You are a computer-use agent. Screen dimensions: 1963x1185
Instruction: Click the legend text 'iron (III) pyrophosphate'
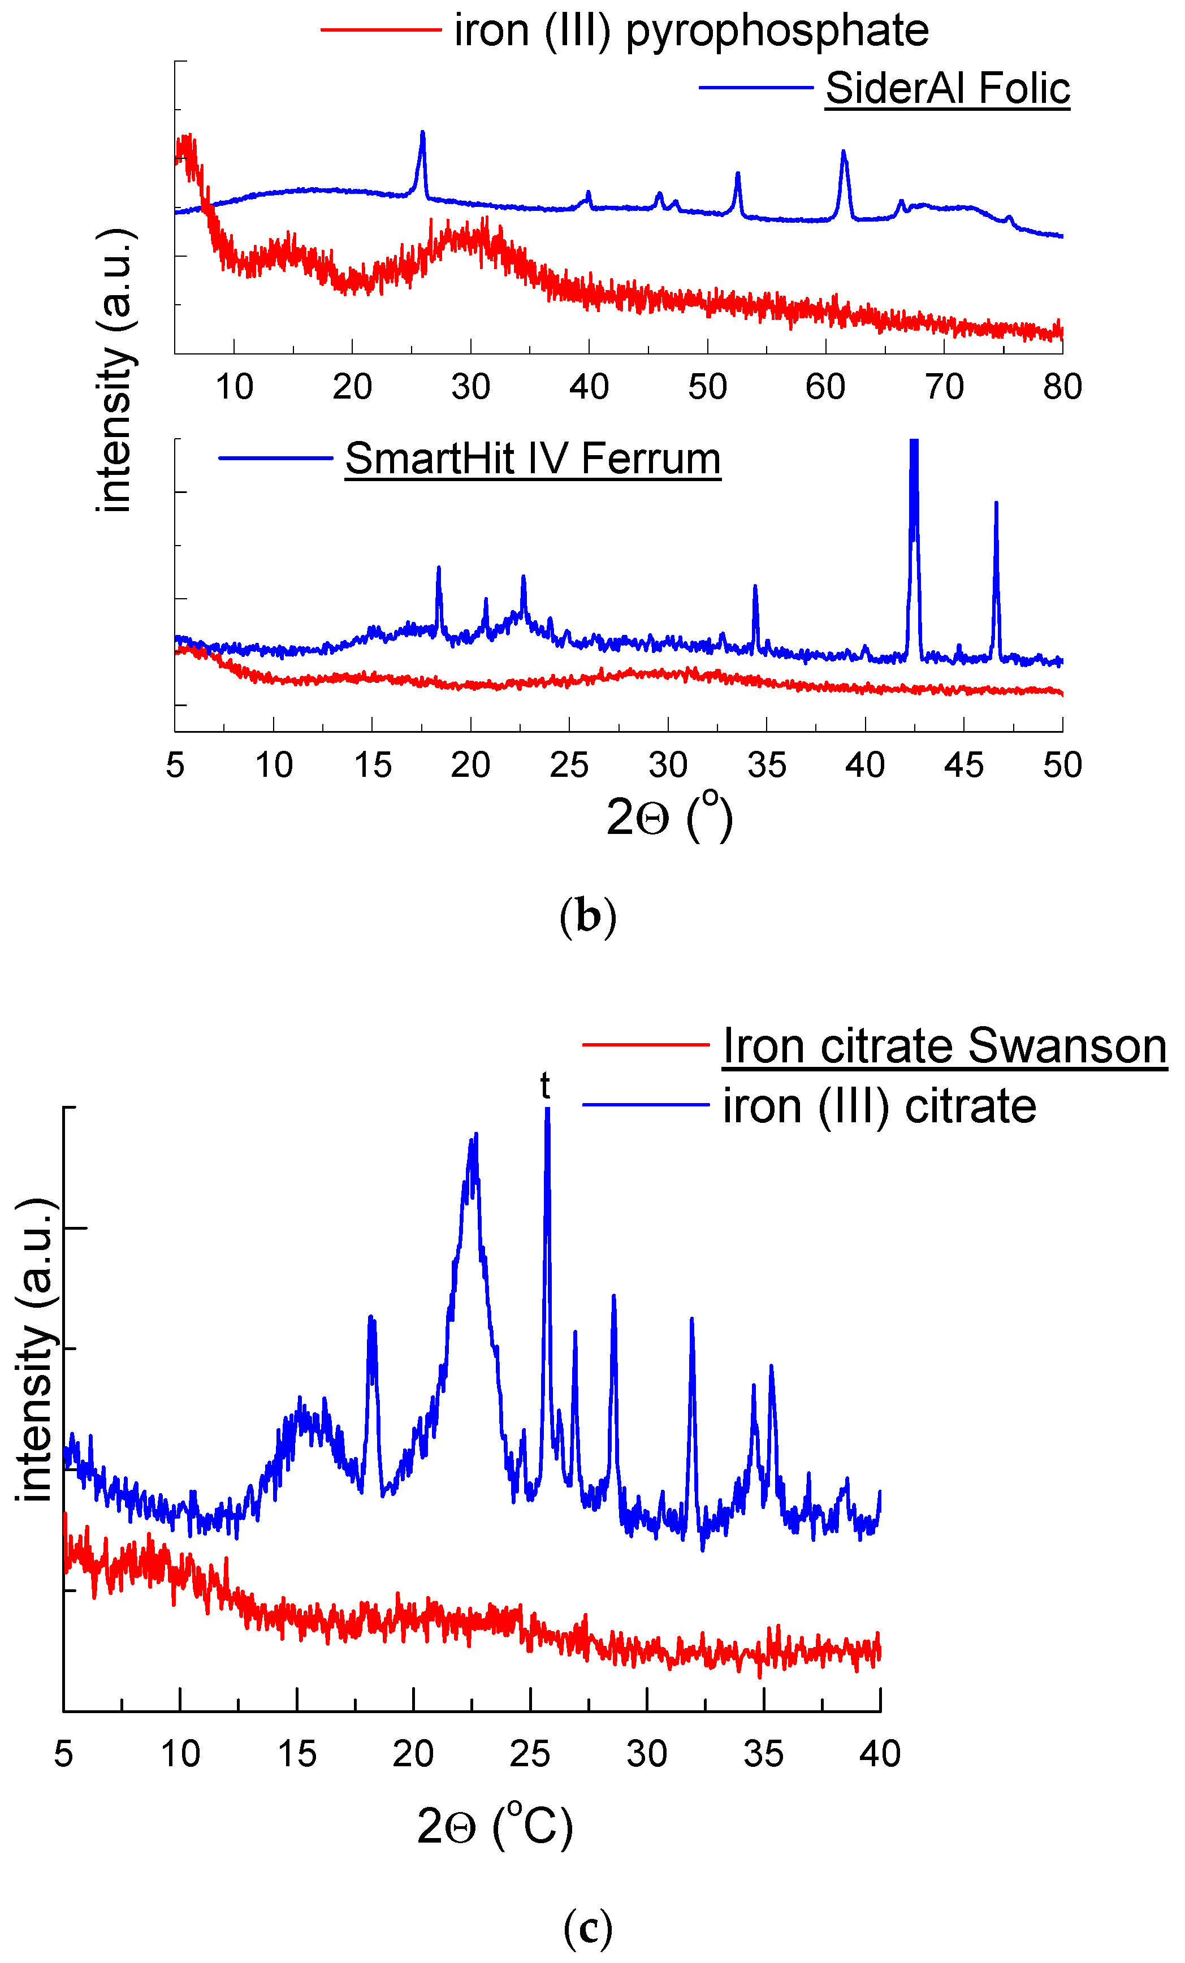pos(691,31)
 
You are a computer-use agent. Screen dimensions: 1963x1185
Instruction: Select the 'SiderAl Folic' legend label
pos(947,88)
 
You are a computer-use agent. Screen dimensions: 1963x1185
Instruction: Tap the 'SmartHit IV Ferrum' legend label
pos(533,459)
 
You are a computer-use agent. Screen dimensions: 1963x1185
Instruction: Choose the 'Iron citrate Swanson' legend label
pos(944,1045)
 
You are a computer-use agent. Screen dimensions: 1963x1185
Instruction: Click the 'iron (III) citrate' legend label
pos(879,1106)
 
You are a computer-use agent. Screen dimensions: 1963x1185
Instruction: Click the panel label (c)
pos(587,1927)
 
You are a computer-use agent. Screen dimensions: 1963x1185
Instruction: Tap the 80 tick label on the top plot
pos(1062,387)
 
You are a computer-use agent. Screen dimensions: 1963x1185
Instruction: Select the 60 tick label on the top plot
pos(825,387)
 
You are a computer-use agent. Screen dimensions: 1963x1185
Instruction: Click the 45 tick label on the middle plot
pos(963,766)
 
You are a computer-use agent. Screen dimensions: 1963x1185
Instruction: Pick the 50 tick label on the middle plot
pos(1062,766)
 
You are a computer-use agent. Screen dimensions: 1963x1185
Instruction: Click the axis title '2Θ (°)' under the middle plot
pos(669,816)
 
